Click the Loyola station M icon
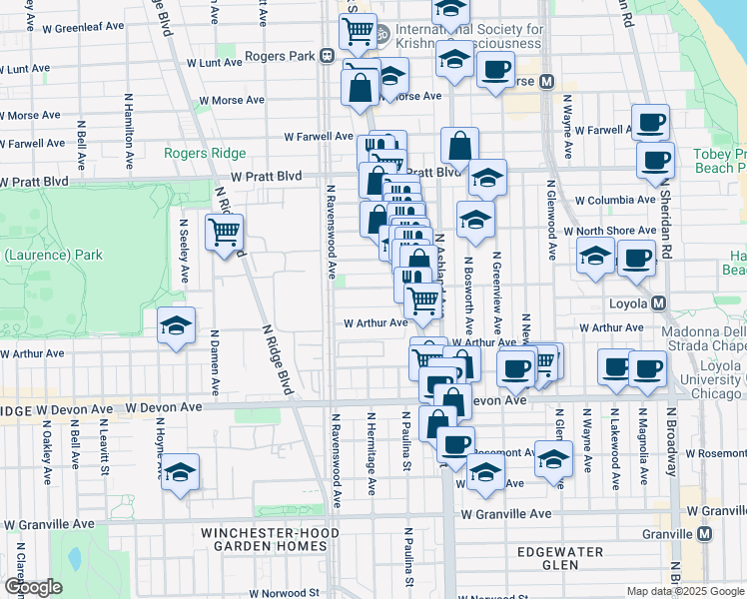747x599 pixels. click(658, 302)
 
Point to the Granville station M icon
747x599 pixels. click(705, 534)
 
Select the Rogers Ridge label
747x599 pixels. click(205, 153)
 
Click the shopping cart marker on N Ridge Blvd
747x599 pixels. click(225, 234)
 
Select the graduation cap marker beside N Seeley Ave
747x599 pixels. click(177, 325)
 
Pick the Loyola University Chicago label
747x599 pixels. click(710, 379)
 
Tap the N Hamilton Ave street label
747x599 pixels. click(129, 130)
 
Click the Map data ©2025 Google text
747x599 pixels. click(685, 591)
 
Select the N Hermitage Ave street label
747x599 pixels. click(371, 454)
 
